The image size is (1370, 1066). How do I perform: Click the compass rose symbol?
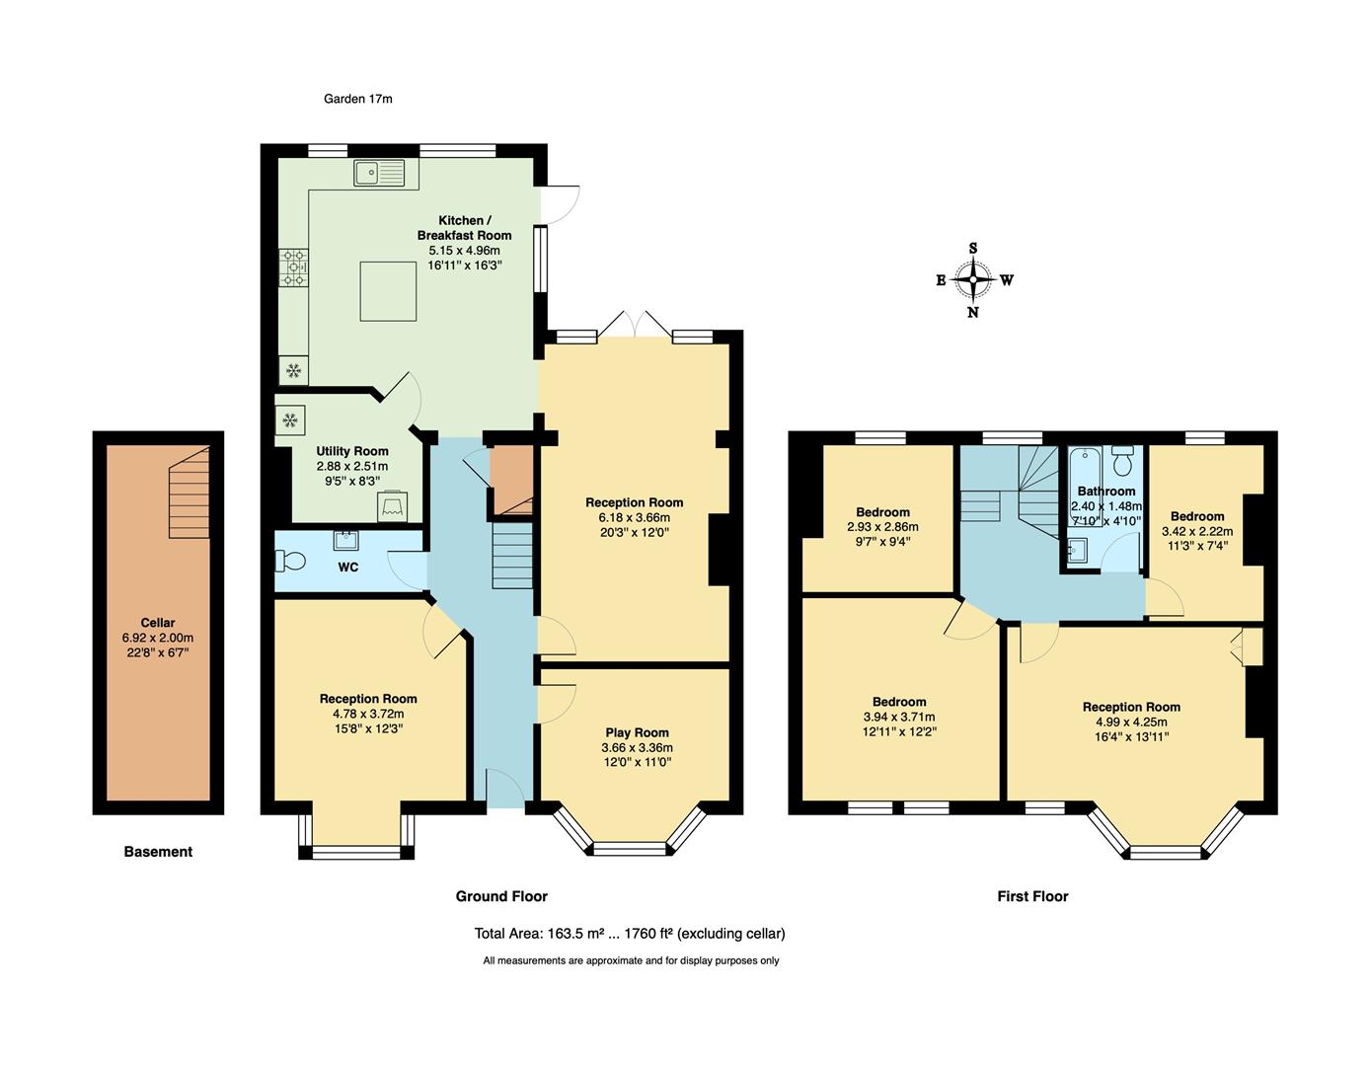tap(973, 280)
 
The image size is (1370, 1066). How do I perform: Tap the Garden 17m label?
tap(358, 99)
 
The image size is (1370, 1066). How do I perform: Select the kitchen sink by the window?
tap(379, 174)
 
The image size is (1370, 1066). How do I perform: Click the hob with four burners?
tap(293, 266)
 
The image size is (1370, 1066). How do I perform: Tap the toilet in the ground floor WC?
tap(292, 561)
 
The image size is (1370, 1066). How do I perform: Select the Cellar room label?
tap(158, 623)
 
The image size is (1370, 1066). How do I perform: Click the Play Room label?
tap(637, 732)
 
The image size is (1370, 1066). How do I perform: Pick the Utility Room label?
tap(352, 451)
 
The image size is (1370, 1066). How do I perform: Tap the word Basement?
tap(158, 852)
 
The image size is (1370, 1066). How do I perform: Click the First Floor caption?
tap(1032, 896)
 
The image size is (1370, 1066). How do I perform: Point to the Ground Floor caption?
tap(501, 896)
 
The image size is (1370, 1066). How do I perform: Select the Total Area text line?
tap(630, 934)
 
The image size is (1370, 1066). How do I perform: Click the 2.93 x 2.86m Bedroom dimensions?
tap(882, 527)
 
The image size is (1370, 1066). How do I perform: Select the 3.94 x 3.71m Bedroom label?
tap(898, 702)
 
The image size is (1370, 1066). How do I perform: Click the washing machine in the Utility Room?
tap(392, 505)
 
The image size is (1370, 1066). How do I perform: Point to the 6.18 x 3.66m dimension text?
tap(634, 517)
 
